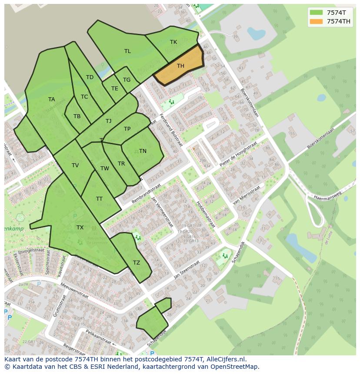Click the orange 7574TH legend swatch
(x=316, y=21)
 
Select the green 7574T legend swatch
(x=316, y=13)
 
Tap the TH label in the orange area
(x=180, y=66)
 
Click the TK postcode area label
(x=173, y=42)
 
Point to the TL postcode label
(x=127, y=51)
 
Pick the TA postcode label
(x=52, y=99)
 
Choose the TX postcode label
(x=80, y=228)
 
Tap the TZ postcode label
(x=137, y=263)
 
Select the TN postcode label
(x=143, y=151)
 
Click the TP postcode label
(x=127, y=129)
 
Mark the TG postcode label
(x=127, y=80)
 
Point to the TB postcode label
(x=77, y=116)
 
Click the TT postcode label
(x=99, y=199)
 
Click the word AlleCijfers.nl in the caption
(x=226, y=359)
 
